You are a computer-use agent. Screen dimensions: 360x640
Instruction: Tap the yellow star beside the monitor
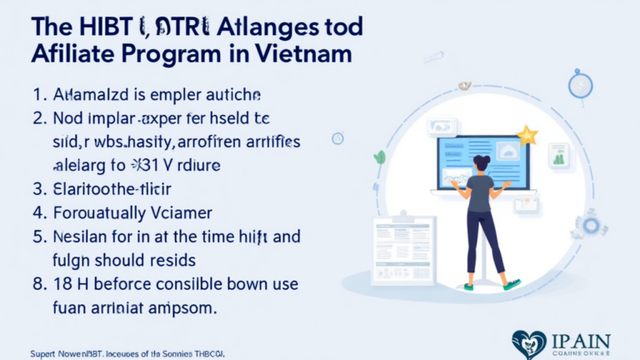(527, 135)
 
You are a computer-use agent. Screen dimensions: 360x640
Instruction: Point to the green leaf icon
(380, 157)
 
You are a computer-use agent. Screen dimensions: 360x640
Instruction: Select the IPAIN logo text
(582, 341)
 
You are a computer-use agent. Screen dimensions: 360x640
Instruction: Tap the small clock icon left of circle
(337, 138)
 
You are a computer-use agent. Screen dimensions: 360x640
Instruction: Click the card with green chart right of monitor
(559, 156)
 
